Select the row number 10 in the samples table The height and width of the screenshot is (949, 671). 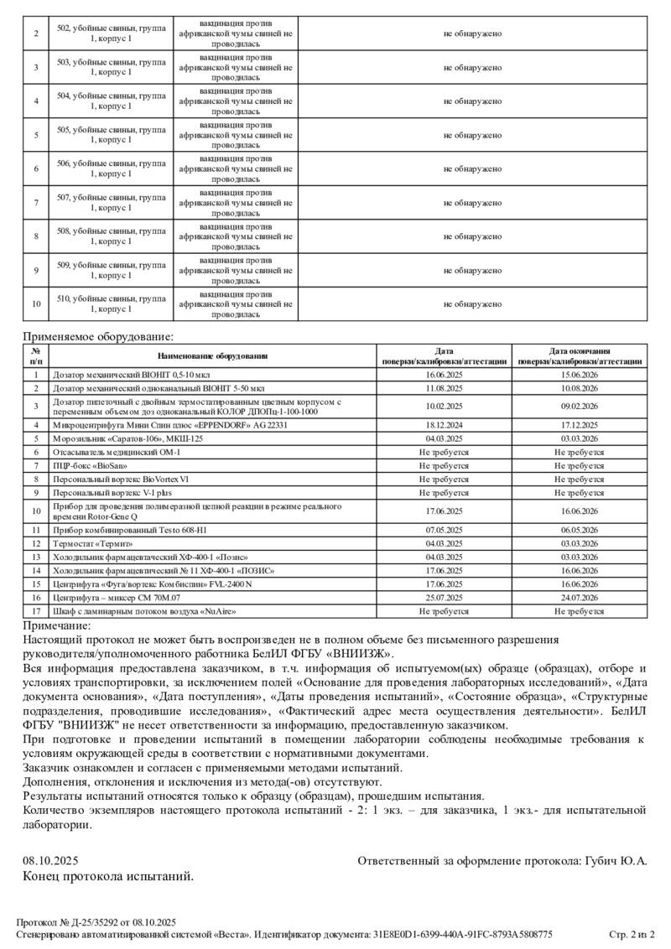pos(36,303)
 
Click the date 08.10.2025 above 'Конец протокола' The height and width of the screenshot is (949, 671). pos(50,861)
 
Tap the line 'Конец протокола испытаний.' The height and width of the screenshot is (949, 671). pos(108,876)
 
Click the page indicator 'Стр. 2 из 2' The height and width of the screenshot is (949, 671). pos(631,934)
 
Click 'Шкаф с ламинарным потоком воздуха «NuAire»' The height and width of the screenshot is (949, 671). pos(144,611)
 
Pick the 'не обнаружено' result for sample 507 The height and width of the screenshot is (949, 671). pos(472,202)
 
